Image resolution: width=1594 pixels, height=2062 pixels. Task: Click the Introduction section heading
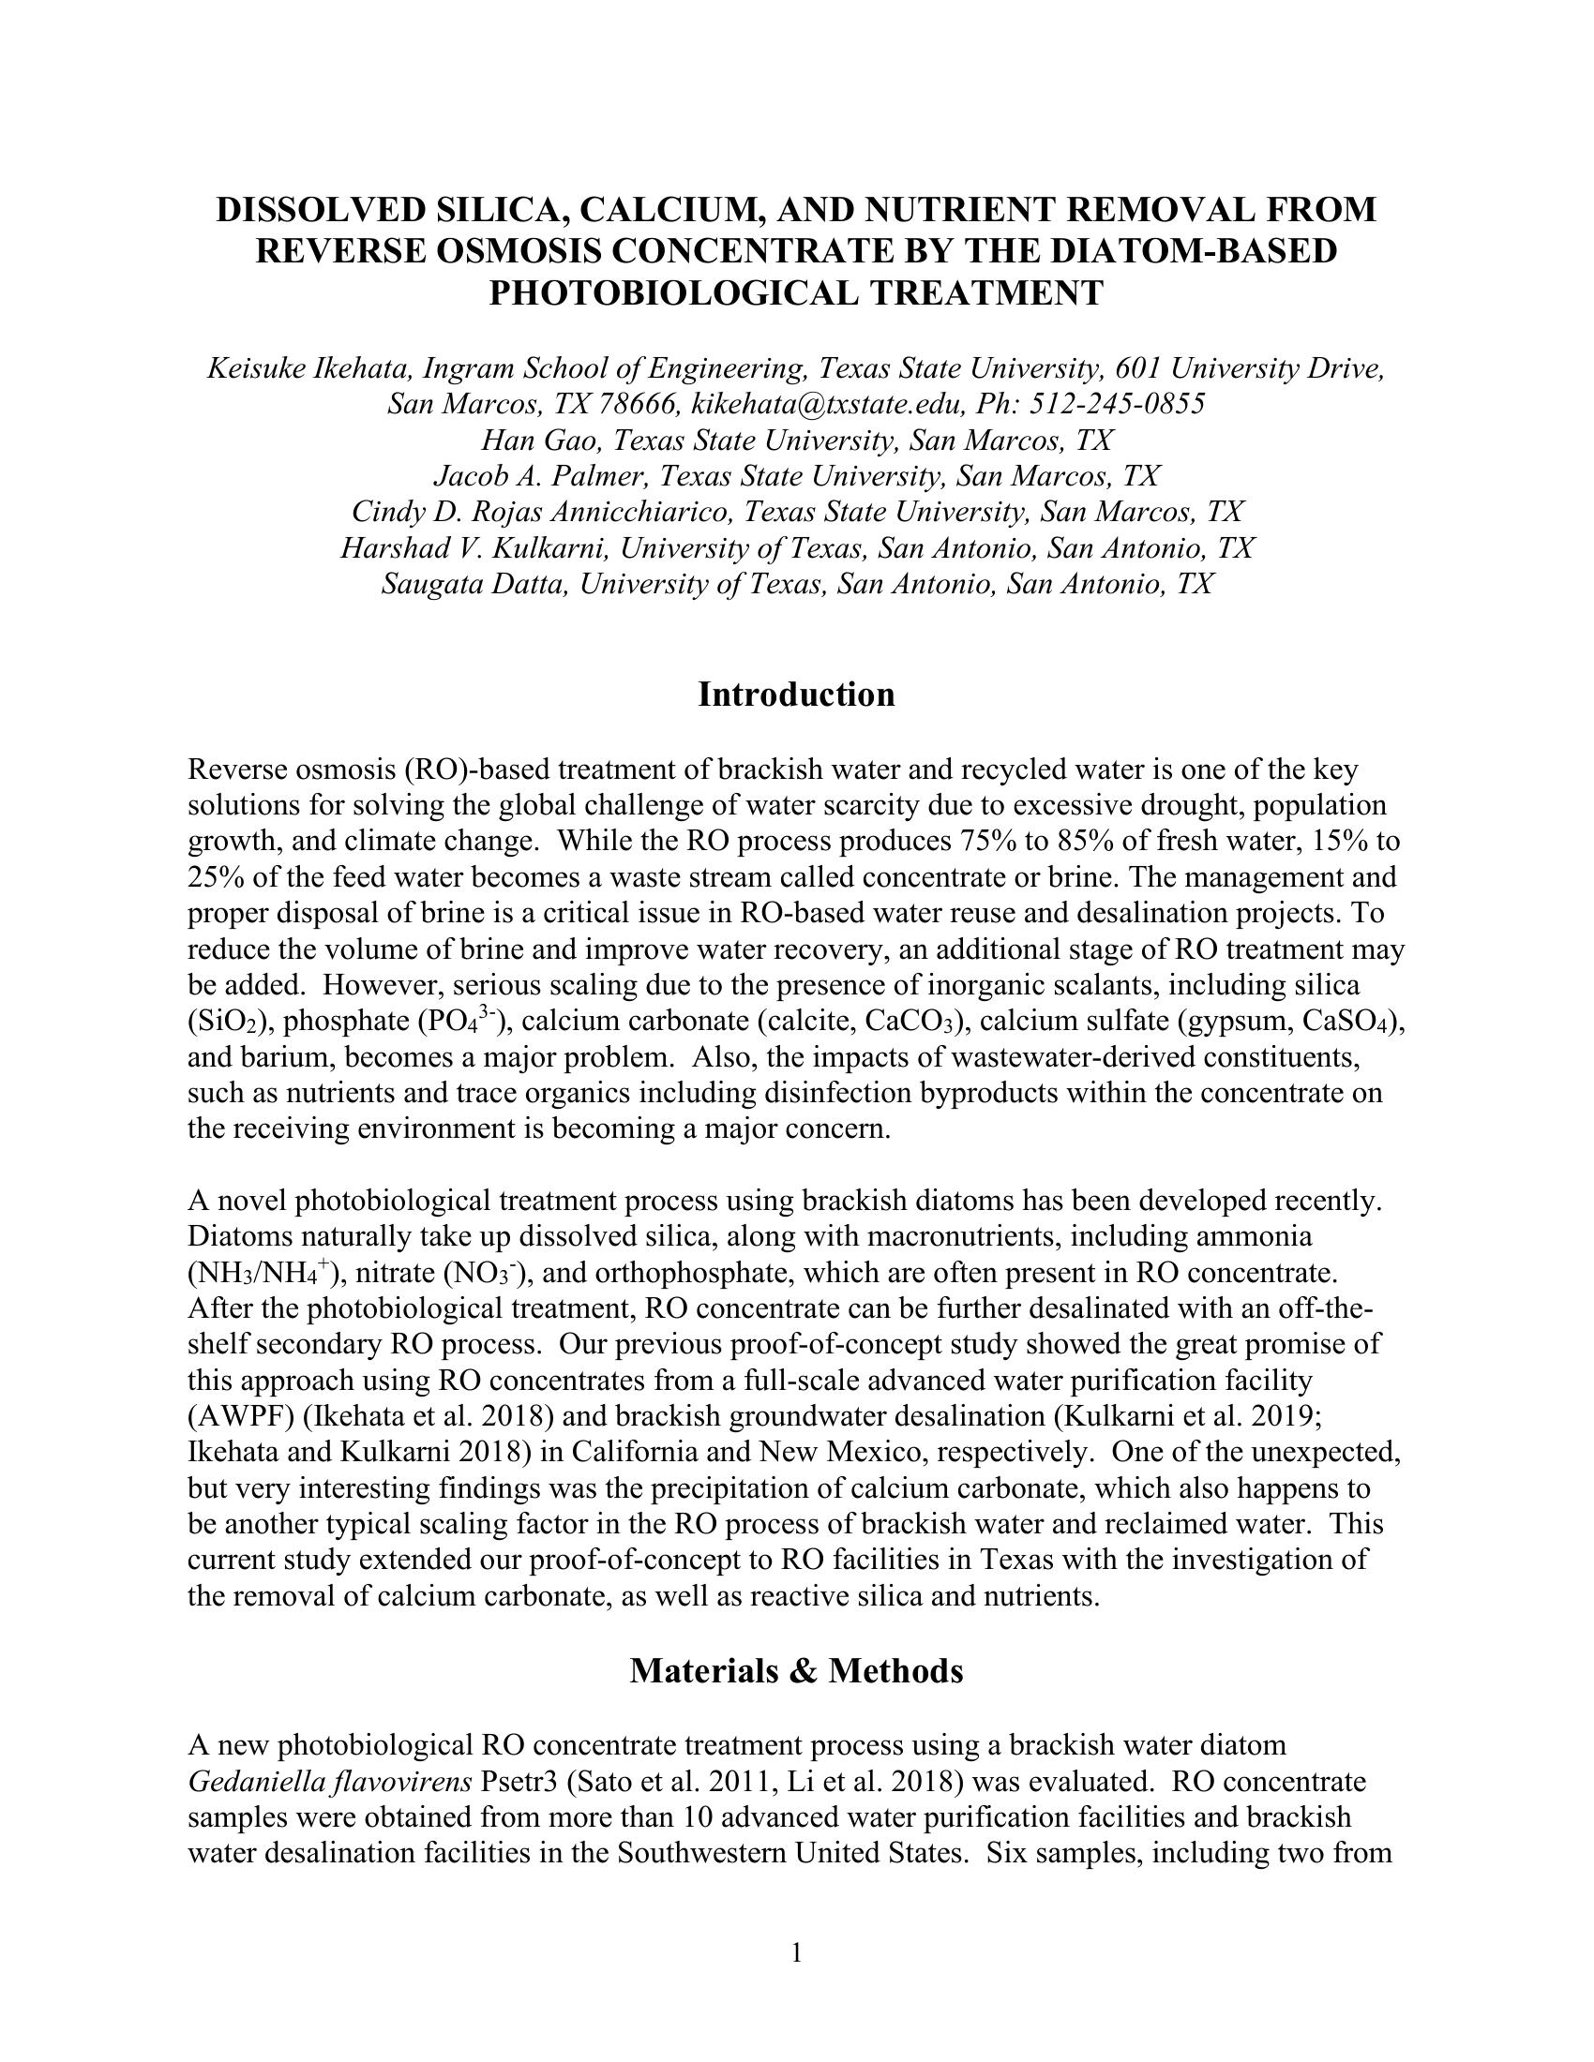(x=796, y=694)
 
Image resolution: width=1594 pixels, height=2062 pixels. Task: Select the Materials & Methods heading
(x=796, y=1670)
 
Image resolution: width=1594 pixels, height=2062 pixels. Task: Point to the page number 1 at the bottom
(x=796, y=1951)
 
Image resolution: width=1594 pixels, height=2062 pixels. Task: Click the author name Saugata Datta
(x=475, y=585)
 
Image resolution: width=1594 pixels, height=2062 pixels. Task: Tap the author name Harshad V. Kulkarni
(x=475, y=548)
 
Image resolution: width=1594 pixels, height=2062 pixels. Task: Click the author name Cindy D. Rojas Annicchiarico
(x=542, y=513)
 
